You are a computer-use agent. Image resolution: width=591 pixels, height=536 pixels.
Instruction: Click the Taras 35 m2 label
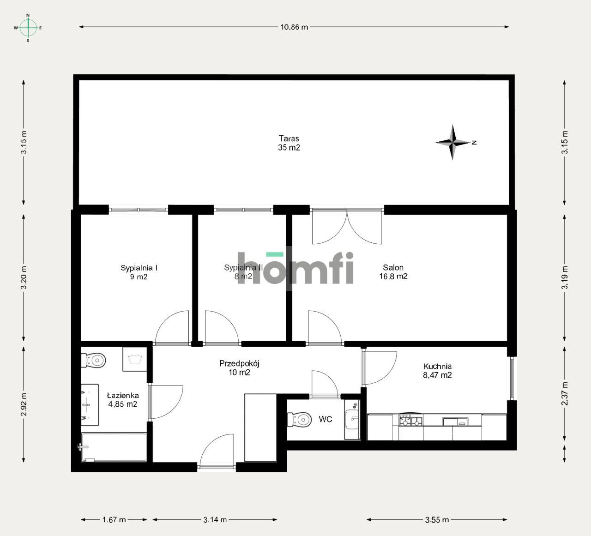[289, 143]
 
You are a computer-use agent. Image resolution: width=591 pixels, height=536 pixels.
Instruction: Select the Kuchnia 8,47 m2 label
[437, 371]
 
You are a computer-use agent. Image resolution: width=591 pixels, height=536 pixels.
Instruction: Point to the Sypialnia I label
[139, 272]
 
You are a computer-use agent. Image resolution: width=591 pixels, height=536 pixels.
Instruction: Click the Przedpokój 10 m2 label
[239, 368]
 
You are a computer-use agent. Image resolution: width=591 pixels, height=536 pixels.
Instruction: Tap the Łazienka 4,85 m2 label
[122, 400]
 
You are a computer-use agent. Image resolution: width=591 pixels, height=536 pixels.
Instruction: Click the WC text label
[326, 420]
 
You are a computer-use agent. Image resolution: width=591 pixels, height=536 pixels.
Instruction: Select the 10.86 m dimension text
[294, 27]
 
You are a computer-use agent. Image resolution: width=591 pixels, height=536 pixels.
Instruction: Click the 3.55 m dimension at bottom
[437, 519]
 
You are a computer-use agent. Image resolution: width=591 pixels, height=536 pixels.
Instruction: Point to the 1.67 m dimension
[114, 519]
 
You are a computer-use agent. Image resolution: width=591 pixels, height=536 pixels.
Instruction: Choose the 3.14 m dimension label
[215, 519]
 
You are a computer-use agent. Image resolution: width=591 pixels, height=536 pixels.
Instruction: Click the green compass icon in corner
[28, 28]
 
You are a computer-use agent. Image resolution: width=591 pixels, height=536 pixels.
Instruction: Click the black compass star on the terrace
[453, 142]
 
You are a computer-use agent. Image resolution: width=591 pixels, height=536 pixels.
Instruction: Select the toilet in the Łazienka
[94, 360]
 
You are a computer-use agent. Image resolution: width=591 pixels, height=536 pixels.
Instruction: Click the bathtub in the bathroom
[114, 446]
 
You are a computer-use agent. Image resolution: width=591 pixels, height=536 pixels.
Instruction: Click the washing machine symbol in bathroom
[134, 359]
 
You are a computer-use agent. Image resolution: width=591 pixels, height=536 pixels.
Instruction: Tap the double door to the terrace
[347, 227]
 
